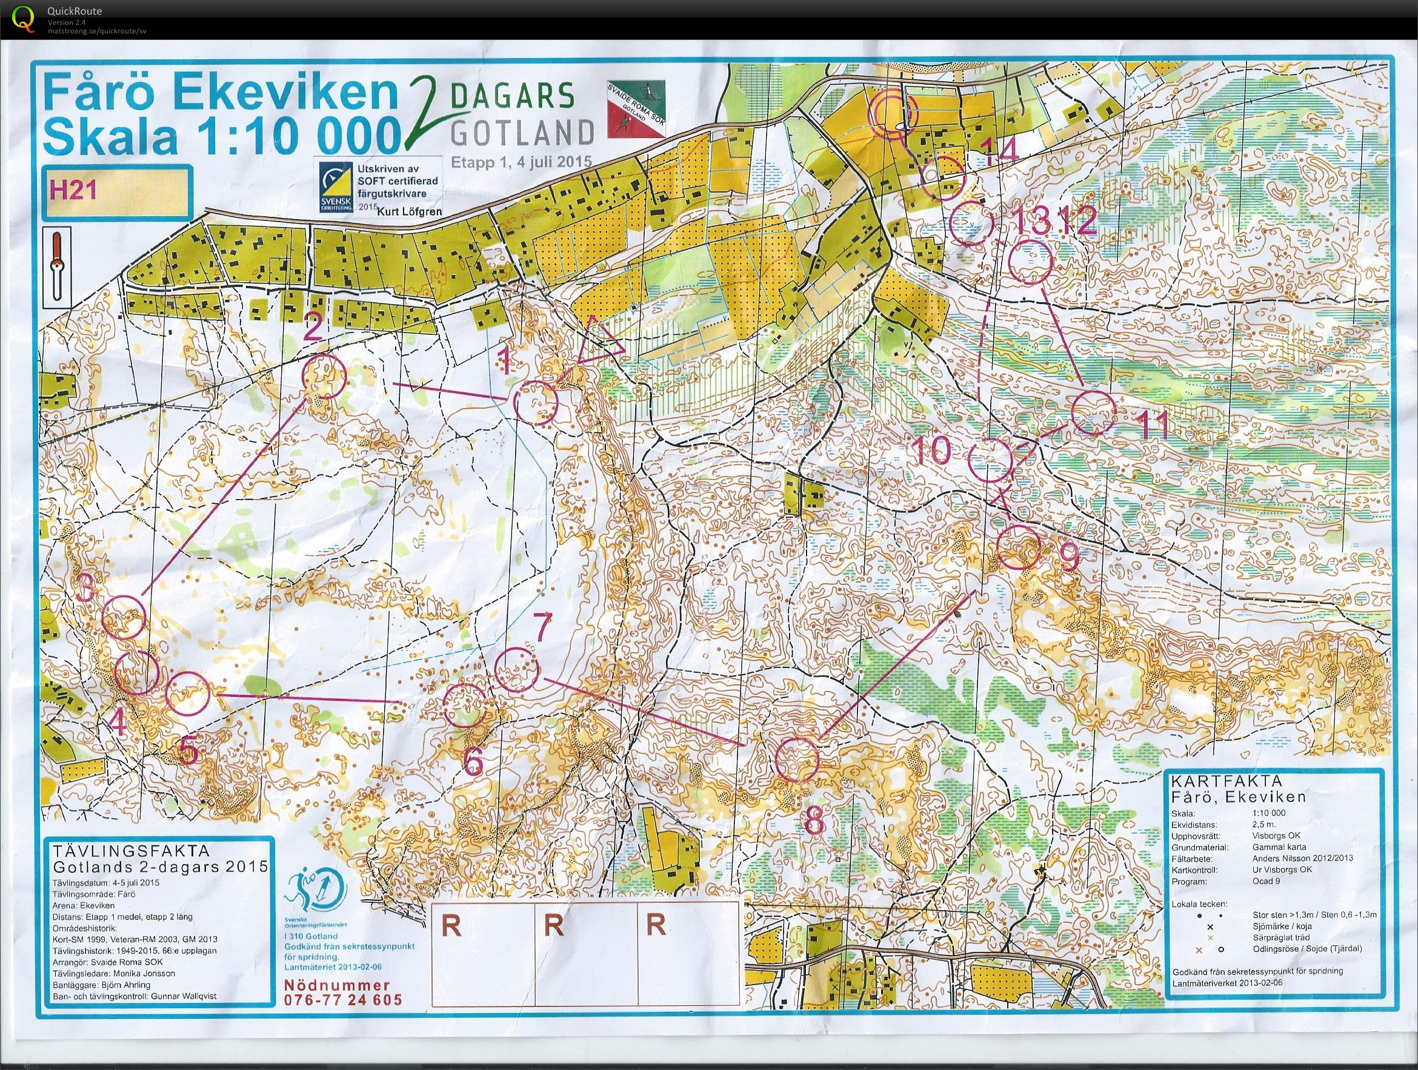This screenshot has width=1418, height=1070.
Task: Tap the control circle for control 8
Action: tap(797, 759)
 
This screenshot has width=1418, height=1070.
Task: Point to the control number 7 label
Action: tap(542, 627)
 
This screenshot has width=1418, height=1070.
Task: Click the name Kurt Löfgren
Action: tap(409, 211)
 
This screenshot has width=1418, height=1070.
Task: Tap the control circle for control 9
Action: tap(1018, 547)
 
